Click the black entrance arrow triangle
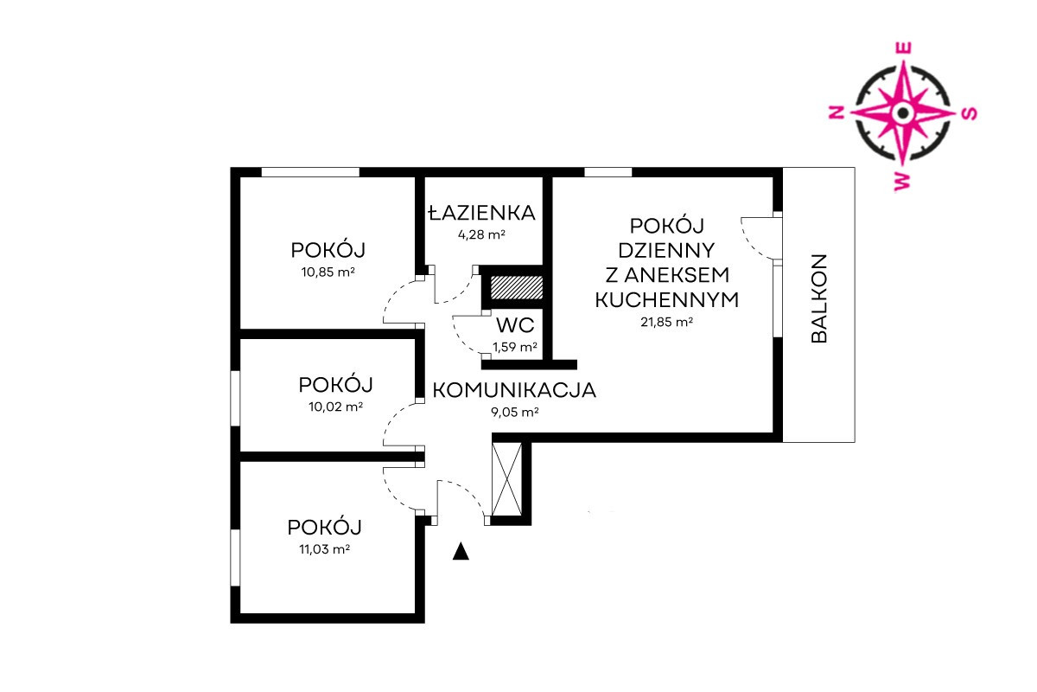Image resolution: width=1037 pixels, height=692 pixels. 461,552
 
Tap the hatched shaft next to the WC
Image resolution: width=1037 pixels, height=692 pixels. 516,287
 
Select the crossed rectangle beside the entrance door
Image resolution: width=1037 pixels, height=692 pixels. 507,479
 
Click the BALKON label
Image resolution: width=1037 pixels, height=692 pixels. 819,298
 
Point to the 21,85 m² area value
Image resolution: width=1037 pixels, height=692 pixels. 666,322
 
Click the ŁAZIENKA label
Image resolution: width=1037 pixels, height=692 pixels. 481,213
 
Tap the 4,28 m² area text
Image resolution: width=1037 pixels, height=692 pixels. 481,234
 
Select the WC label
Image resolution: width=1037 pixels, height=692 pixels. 515,325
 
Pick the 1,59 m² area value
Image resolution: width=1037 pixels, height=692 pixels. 515,347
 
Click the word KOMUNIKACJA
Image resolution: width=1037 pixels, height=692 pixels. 514,390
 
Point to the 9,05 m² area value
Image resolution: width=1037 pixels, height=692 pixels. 515,412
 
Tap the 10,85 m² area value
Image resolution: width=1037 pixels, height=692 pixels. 328,272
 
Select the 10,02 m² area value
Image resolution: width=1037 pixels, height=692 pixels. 335,407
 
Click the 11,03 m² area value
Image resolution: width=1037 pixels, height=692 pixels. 325,549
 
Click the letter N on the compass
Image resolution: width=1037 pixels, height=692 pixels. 837,112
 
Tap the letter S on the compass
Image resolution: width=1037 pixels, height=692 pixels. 970,113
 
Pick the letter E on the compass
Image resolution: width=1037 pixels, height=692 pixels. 904,48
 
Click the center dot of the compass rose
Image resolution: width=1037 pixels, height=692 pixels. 903,112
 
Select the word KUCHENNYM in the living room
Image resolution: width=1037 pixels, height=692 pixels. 666,300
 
